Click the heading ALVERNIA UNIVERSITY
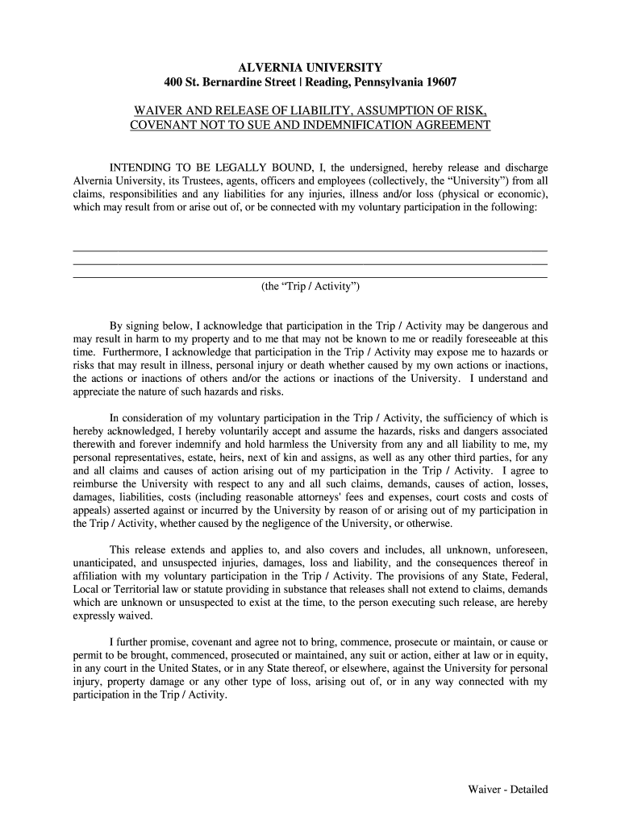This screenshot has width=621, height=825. click(x=310, y=67)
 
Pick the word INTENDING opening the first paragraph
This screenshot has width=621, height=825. click(x=140, y=168)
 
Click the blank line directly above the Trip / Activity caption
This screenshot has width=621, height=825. click(x=310, y=276)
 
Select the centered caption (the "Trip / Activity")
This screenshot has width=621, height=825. click(x=310, y=287)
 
